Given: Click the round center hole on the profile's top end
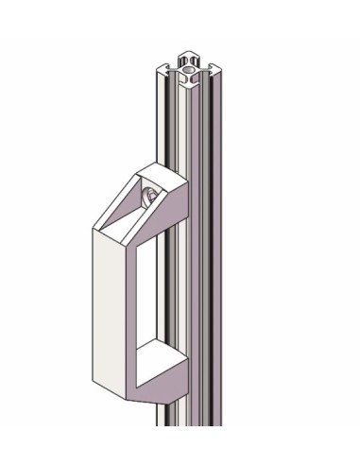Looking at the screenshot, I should click(188, 69).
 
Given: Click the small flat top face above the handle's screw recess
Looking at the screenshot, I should click(157, 173).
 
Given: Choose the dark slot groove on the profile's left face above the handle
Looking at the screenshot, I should click(167, 123).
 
